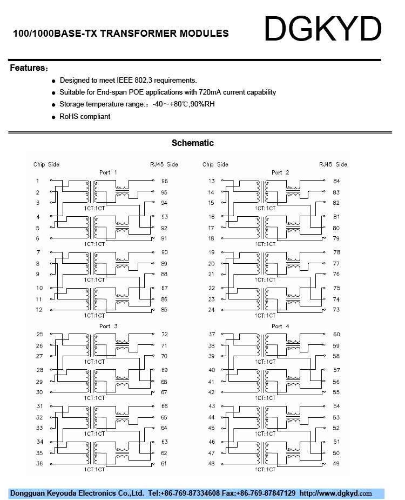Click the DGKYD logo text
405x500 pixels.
click(x=323, y=29)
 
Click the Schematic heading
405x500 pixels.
click(x=193, y=143)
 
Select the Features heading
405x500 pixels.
click(x=27, y=68)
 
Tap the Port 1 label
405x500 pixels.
click(x=108, y=172)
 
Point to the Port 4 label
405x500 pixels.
click(x=277, y=326)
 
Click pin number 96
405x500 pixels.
click(x=164, y=181)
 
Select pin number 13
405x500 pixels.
click(x=211, y=181)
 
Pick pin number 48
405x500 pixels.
click(x=211, y=464)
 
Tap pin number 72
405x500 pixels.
click(x=164, y=335)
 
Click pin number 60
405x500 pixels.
click(x=336, y=335)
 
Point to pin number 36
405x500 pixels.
click(x=39, y=464)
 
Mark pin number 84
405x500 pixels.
click(x=336, y=181)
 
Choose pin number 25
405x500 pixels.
click(x=39, y=335)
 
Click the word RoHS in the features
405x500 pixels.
click(x=69, y=116)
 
